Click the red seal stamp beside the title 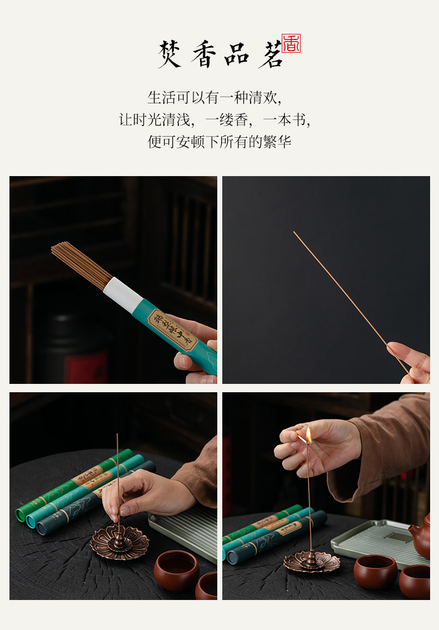(291, 44)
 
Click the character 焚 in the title (169, 54)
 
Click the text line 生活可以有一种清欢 (214, 98)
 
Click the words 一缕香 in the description (228, 120)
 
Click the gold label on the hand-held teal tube (172, 331)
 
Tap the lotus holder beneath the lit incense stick (312, 561)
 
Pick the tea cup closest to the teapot (414, 581)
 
